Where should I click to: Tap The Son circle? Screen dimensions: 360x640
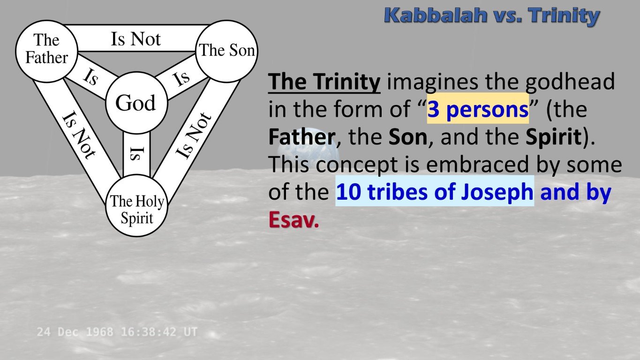227,51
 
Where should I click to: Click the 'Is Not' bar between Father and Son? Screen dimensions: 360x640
136,39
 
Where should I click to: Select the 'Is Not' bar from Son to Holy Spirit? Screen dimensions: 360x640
193,135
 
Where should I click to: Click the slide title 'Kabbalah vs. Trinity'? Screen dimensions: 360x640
491,15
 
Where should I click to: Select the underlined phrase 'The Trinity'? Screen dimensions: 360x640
324,82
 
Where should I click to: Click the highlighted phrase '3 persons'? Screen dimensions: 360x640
477,110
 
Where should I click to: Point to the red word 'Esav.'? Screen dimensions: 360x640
294,220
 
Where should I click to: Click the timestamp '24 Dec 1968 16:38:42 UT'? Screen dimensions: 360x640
117,332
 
